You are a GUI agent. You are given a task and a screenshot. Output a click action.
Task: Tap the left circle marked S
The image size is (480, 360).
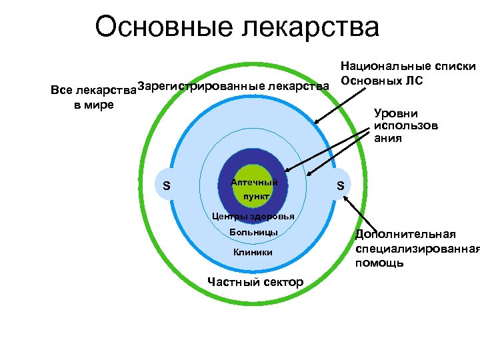point(165,185)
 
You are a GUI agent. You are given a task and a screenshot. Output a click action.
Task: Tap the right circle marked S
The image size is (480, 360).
point(340,185)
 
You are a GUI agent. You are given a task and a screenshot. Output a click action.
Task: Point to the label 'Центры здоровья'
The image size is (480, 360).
point(253,216)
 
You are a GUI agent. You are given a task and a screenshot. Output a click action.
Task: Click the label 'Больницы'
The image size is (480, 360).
point(253,233)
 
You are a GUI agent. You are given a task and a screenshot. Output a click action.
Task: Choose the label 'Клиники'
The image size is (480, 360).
point(253,252)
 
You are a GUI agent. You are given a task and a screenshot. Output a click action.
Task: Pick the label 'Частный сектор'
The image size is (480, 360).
point(255,282)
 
